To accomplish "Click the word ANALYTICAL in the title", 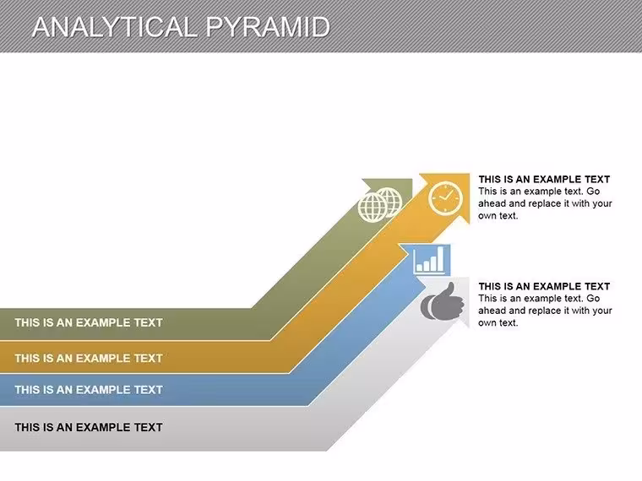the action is click(116, 27).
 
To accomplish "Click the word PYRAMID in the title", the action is click(268, 27).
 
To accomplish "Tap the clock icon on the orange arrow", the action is click(445, 198).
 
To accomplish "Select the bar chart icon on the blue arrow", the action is click(428, 260).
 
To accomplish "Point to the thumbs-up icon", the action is click(442, 302).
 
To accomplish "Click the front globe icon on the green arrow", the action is click(373, 208).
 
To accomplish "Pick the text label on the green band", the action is click(89, 322).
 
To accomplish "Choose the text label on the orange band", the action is click(89, 359).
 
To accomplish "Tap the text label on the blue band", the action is click(89, 390).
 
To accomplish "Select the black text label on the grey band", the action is click(89, 428).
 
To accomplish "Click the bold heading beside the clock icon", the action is click(544, 179).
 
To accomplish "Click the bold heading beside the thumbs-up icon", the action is click(544, 286).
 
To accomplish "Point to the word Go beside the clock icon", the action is click(593, 192).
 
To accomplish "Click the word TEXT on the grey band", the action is click(148, 428).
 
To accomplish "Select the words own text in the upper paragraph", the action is click(498, 216).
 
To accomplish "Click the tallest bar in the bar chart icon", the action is click(440, 258).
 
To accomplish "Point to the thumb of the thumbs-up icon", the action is click(450, 291).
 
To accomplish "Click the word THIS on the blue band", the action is click(27, 390).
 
